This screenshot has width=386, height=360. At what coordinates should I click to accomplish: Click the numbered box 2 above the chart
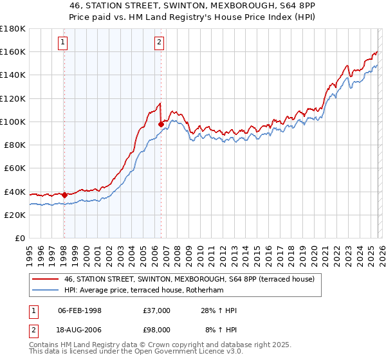pyautogui.click(x=159, y=43)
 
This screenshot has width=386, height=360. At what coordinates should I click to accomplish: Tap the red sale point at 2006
pyautogui.click(x=161, y=124)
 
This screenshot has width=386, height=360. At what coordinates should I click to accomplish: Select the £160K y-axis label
pyautogui.click(x=13, y=51)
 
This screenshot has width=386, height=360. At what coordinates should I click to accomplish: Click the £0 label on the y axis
pyautogui.click(x=19, y=238)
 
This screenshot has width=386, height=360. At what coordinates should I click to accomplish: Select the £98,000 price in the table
pyautogui.click(x=157, y=330)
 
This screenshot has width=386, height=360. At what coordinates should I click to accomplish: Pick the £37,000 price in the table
pyautogui.click(x=157, y=310)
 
